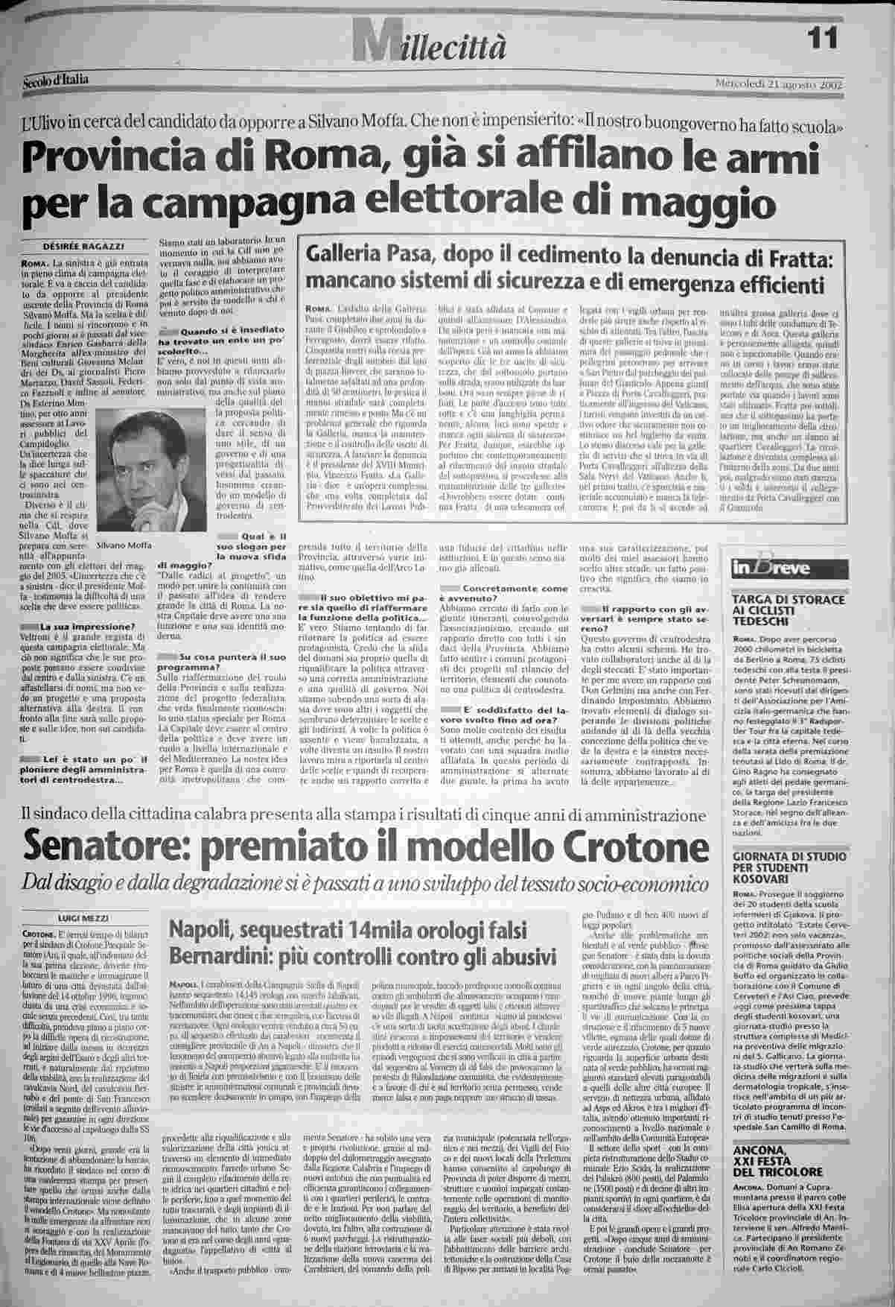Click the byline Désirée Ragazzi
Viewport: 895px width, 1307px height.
(x=92, y=247)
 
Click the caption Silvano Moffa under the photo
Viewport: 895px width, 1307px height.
(x=124, y=545)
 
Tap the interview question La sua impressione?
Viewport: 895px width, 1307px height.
(x=88, y=626)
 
